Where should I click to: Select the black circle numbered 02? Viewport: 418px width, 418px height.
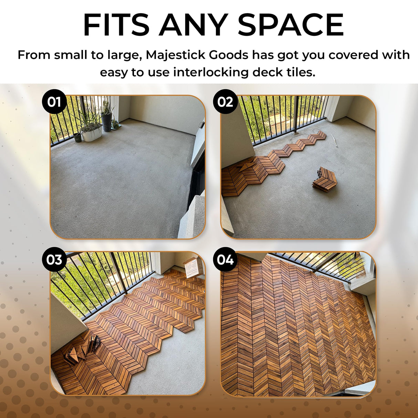[225, 102]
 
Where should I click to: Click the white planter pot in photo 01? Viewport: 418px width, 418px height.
[92, 133]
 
